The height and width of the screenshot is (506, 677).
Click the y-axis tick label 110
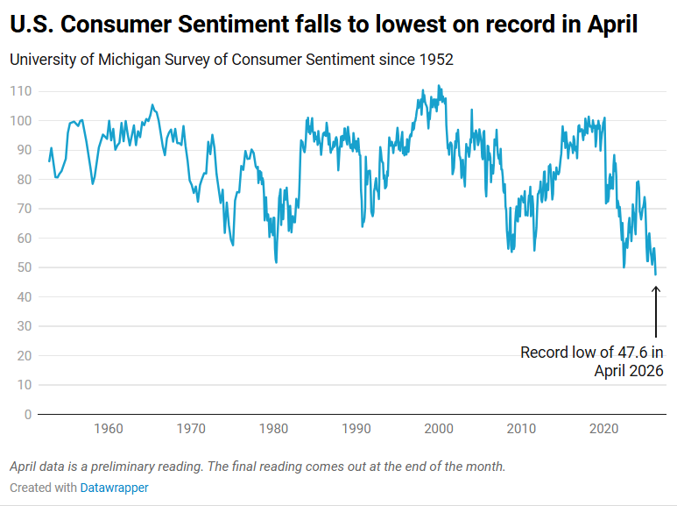click(21, 91)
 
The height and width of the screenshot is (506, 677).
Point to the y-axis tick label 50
click(25, 267)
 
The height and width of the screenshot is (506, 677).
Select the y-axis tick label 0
click(28, 414)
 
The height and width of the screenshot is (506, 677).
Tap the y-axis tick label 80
click(25, 179)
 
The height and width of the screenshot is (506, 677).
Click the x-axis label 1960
click(108, 429)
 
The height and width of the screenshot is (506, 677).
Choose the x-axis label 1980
click(273, 429)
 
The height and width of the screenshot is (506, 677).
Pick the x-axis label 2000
click(439, 429)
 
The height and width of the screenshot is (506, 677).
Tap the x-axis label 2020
click(604, 429)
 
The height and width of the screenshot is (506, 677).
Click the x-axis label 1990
click(356, 429)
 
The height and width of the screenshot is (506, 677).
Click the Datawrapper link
click(114, 488)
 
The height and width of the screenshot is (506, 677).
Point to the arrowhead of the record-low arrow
click(656, 289)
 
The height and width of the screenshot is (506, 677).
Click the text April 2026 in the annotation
click(629, 371)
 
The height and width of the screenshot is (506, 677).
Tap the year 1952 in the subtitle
click(435, 60)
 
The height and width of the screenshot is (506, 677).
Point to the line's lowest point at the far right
click(655, 274)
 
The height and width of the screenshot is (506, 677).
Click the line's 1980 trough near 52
click(276, 261)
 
